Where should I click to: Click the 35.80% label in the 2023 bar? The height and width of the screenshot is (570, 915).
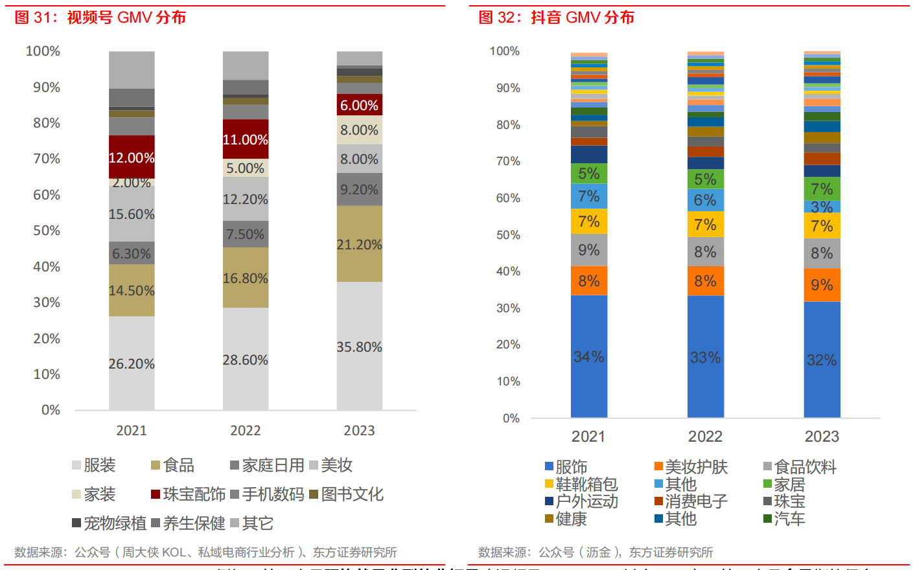(x=359, y=347)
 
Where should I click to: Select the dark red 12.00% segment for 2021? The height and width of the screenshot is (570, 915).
(x=132, y=157)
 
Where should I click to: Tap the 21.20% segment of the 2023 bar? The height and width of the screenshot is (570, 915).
(x=359, y=244)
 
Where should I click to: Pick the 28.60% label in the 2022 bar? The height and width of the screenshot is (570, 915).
(x=245, y=360)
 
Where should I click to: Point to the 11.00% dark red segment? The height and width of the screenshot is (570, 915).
(x=245, y=139)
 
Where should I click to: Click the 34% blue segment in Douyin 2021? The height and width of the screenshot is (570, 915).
(x=588, y=357)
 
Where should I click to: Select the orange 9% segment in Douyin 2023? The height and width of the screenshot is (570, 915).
(x=822, y=285)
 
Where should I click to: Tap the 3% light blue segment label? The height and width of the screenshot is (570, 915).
(x=822, y=207)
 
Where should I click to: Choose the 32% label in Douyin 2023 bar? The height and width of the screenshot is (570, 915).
(x=822, y=360)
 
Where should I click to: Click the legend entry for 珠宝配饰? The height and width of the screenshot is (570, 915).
(x=188, y=494)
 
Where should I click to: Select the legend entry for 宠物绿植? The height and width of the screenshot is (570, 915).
(x=109, y=523)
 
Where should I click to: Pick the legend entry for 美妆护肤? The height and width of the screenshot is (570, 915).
(x=691, y=467)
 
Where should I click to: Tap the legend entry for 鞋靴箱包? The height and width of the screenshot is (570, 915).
(x=581, y=484)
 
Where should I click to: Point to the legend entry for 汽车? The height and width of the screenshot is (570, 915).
(x=784, y=519)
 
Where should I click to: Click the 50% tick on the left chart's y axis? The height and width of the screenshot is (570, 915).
(x=47, y=231)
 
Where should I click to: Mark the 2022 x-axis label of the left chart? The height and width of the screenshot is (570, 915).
(x=245, y=431)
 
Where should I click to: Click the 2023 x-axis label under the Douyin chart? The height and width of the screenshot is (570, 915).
(x=822, y=437)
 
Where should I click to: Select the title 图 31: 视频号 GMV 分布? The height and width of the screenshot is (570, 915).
(x=100, y=17)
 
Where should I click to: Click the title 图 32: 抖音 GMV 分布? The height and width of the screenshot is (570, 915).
(x=556, y=17)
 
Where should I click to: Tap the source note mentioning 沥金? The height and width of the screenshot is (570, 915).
(x=595, y=553)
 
